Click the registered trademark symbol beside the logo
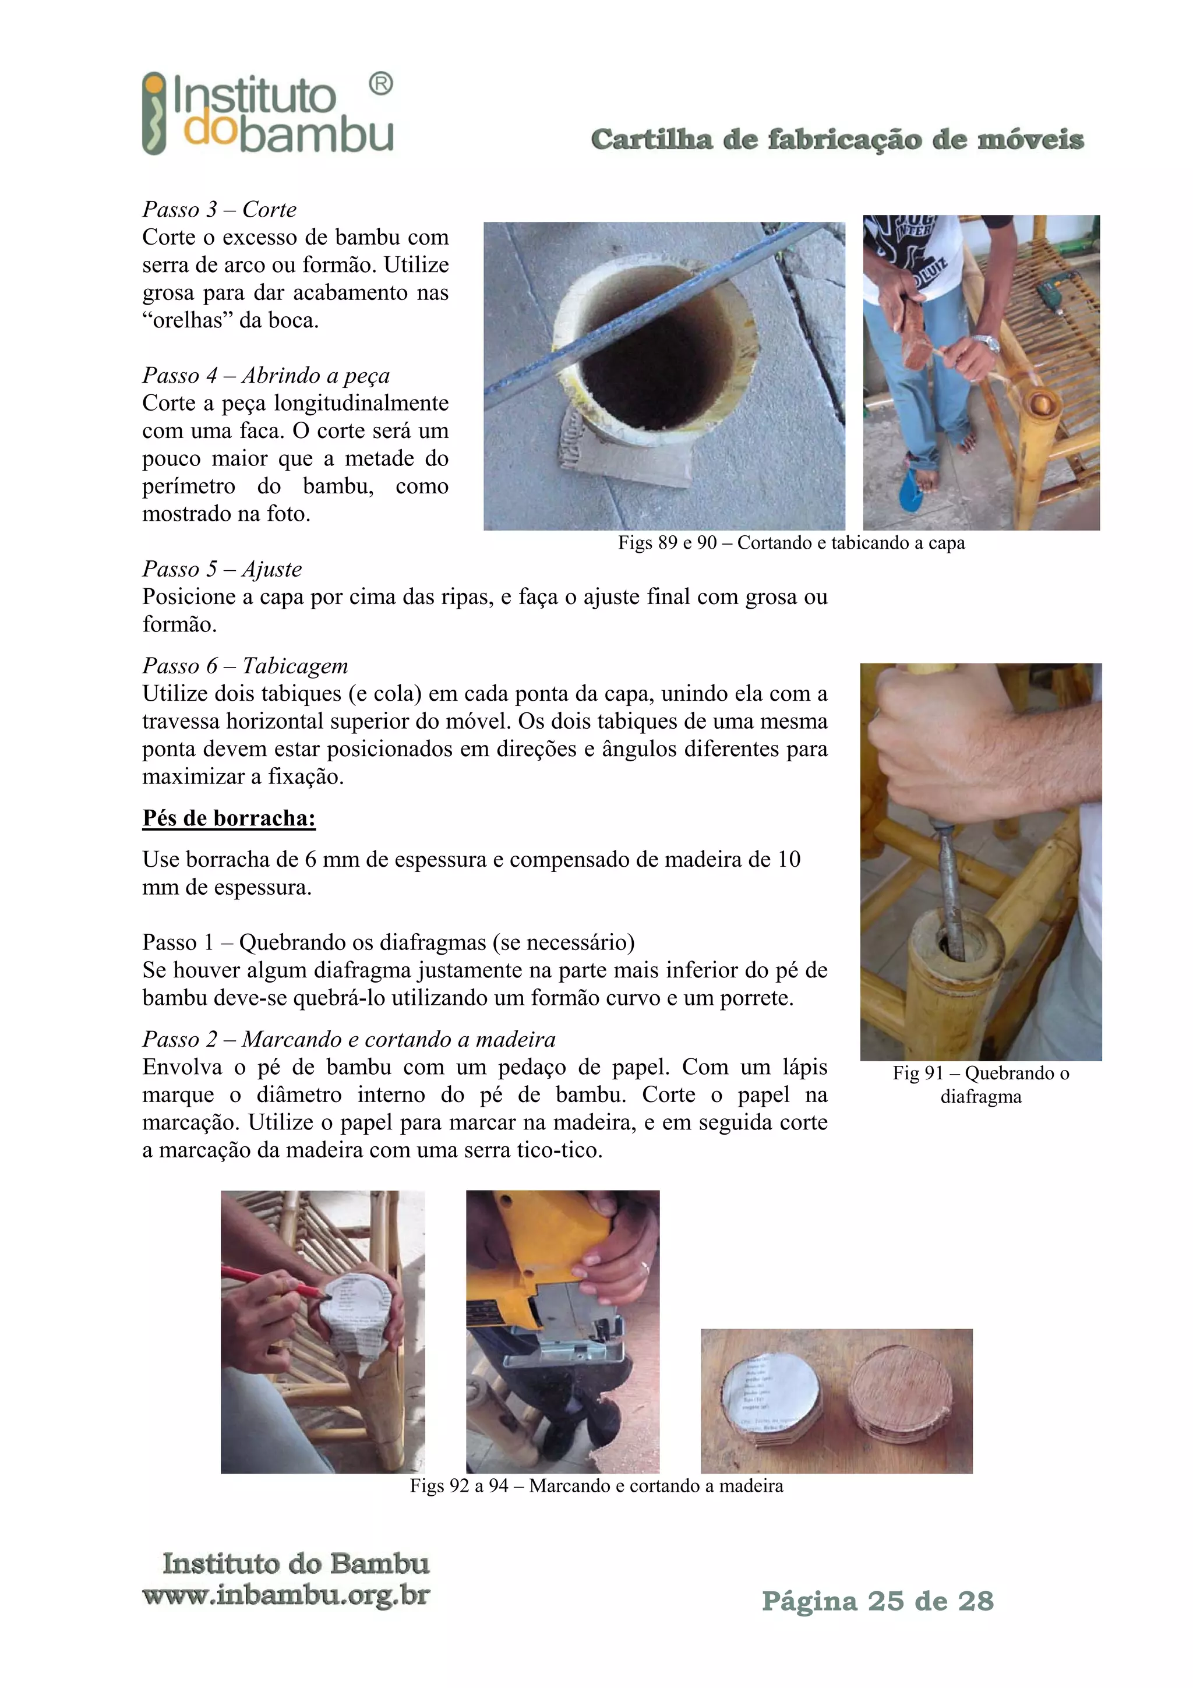[x=380, y=84]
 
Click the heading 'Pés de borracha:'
[x=228, y=818]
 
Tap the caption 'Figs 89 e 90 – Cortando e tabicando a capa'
[x=791, y=543]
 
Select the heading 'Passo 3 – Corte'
[x=219, y=210]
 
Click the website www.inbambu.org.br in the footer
[x=286, y=1595]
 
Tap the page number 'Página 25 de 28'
[x=878, y=1601]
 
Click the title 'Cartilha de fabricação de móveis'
[x=836, y=139]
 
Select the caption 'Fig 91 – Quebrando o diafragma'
[x=980, y=1085]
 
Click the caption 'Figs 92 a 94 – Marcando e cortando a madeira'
[x=596, y=1486]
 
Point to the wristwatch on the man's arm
[x=985, y=342]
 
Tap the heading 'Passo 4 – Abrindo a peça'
[x=266, y=376]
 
